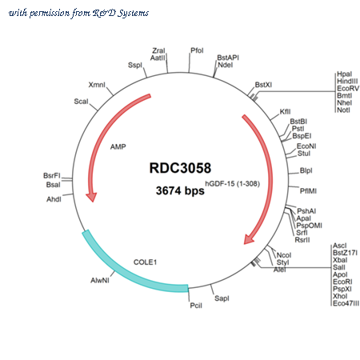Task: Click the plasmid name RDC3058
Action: click(x=180, y=168)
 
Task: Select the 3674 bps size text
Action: click(x=180, y=190)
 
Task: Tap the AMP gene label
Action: click(x=118, y=146)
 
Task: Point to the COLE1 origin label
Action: click(x=145, y=262)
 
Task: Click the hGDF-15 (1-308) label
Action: click(x=232, y=183)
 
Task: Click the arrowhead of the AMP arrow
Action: click(x=91, y=197)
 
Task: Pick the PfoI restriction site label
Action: click(x=197, y=50)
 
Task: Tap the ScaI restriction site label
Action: click(x=81, y=102)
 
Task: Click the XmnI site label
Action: click(x=97, y=85)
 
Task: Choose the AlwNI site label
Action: click(x=100, y=280)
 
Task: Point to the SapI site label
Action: click(x=222, y=298)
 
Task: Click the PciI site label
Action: click(x=196, y=306)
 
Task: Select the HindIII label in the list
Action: click(x=347, y=81)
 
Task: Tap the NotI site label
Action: click(x=343, y=110)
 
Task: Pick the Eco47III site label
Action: click(x=346, y=303)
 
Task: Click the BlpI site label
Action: click(x=306, y=170)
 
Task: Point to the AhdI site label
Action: click(x=54, y=199)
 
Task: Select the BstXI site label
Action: click(x=263, y=85)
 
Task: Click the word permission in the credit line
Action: click(x=50, y=13)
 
